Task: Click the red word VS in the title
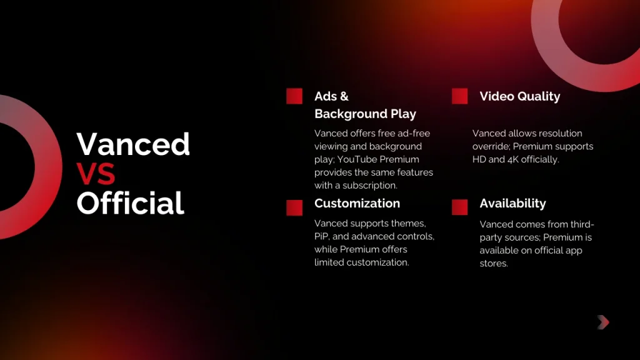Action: (96, 174)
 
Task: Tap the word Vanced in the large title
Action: (133, 144)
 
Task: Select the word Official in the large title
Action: (131, 203)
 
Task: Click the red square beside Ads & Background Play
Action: (294, 96)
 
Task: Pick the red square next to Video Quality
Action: (459, 96)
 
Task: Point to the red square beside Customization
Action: (294, 207)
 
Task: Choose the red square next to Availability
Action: (459, 207)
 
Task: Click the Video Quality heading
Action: (519, 96)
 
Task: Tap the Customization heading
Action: (357, 204)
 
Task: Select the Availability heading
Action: (512, 204)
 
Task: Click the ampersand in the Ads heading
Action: (344, 96)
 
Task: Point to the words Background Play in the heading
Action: (365, 114)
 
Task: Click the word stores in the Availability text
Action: (493, 263)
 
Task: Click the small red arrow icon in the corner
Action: (602, 322)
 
